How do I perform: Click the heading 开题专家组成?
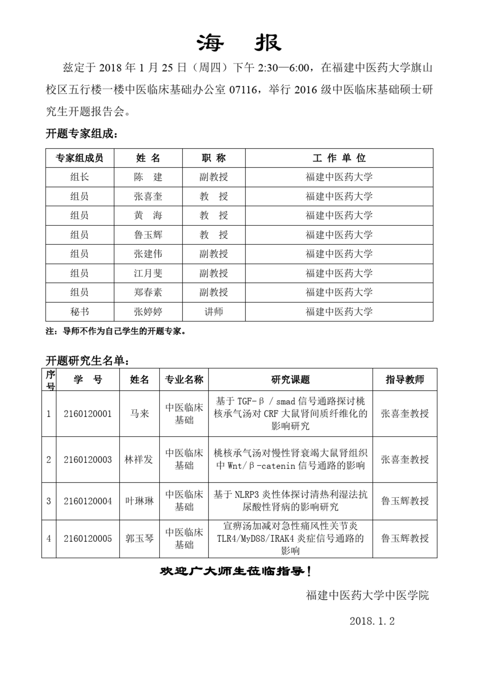tap(81, 133)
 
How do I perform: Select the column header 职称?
tap(213, 158)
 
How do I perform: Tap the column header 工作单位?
tap(339, 158)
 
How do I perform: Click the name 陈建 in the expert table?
tap(148, 177)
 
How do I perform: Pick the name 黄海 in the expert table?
tap(148, 215)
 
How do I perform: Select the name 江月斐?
tap(148, 273)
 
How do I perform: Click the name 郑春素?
tap(148, 292)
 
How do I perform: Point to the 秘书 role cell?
tap(79, 312)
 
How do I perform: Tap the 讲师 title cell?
tap(213, 312)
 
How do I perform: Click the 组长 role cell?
tap(79, 177)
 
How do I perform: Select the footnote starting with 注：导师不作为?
tap(116, 331)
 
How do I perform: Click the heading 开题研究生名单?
tap(88, 361)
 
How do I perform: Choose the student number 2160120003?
tap(88, 459)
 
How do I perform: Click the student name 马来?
tap(139, 413)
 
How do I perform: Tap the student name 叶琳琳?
tap(139, 501)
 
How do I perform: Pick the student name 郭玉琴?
tap(139, 538)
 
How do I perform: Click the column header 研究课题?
tap(290, 380)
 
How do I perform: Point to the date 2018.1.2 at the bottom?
tap(372, 621)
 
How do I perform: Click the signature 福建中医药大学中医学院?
tap(367, 595)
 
